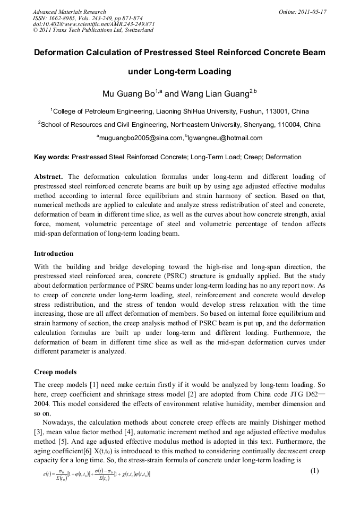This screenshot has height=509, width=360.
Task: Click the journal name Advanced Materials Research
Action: tap(69, 11)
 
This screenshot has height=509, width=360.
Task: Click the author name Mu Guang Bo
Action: tap(127, 94)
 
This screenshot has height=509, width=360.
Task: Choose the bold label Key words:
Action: tap(52, 157)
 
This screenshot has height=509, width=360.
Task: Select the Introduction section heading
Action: tap(54, 254)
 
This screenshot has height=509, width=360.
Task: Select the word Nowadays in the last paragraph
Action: tap(59, 422)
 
